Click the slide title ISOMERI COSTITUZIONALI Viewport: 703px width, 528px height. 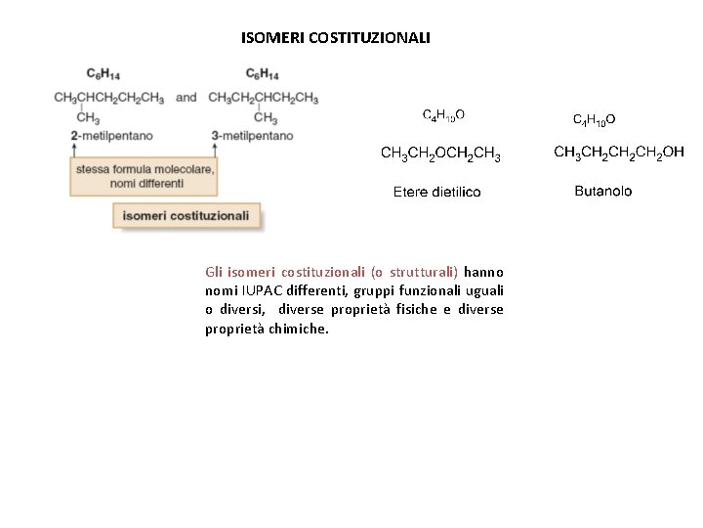click(335, 38)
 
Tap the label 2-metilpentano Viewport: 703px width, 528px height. click(111, 135)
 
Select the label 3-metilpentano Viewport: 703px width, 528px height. click(252, 135)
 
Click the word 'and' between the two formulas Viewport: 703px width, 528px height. click(186, 98)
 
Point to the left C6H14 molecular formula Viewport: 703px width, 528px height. click(103, 73)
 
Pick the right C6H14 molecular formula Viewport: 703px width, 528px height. click(263, 73)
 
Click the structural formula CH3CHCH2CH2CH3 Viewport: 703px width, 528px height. click(108, 98)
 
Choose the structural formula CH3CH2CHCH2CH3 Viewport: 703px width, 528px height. click(263, 98)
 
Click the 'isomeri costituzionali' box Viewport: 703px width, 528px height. click(186, 216)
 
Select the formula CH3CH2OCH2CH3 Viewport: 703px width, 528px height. click(440, 154)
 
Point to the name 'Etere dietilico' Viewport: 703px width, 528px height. click(436, 192)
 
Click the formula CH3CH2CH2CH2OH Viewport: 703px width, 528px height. click(619, 153)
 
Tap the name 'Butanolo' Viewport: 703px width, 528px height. click(602, 191)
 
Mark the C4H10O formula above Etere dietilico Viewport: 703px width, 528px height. click(442, 115)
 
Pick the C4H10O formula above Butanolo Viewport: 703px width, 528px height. click(594, 120)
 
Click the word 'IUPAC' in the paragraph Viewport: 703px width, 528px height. click(257, 291)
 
